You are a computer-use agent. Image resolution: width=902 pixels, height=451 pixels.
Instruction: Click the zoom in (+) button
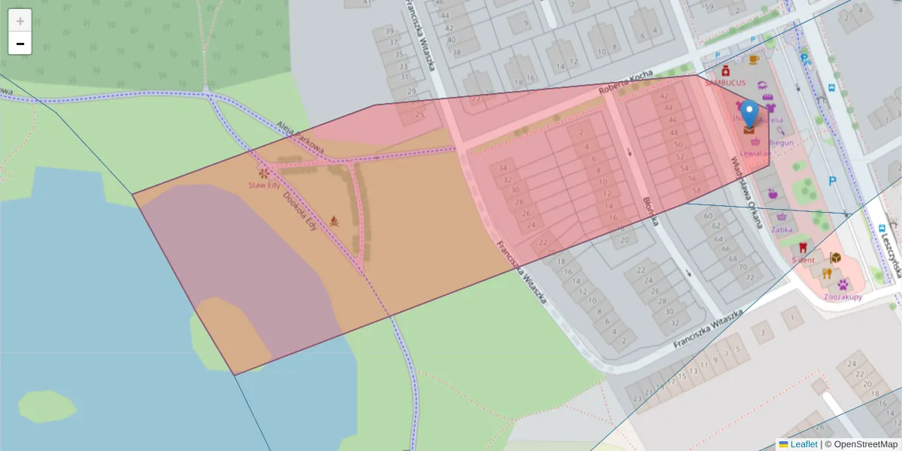pos(20,21)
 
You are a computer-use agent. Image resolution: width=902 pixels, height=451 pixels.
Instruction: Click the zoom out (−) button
pos(20,44)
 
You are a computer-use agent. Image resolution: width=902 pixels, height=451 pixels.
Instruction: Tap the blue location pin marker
pos(749,115)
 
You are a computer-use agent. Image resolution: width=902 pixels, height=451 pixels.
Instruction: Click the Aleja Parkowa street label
pos(300,138)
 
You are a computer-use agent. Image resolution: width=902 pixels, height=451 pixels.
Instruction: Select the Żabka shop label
pos(782,229)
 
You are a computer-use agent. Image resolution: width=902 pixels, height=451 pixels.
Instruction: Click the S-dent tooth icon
pos(802,247)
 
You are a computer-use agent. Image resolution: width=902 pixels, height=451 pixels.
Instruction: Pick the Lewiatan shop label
pos(755,153)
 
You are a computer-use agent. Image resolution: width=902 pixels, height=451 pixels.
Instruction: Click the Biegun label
pos(781,142)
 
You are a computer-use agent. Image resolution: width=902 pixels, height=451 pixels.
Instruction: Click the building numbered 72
pos(749,277)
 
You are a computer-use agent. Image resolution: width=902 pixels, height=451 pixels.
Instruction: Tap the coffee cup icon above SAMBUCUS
pos(754,59)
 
